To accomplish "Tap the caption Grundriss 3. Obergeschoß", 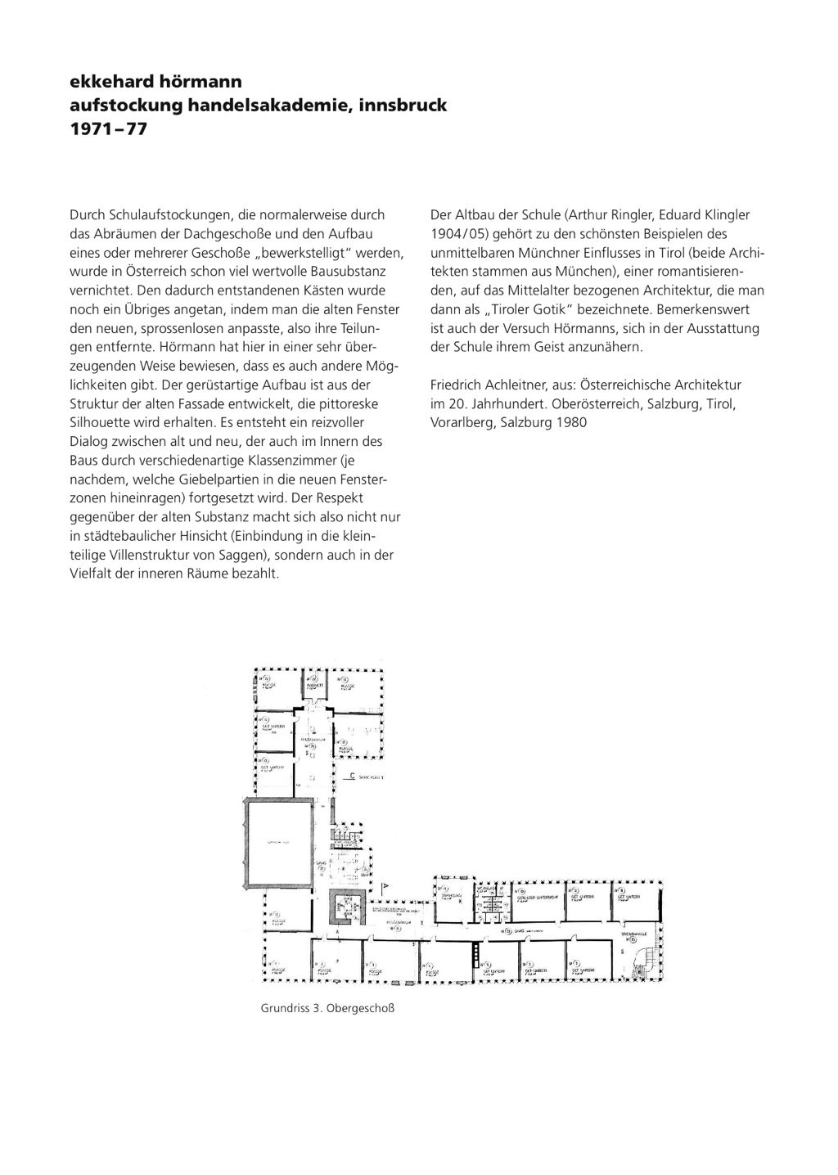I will [327, 1008].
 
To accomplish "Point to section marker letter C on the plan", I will [351, 775].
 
